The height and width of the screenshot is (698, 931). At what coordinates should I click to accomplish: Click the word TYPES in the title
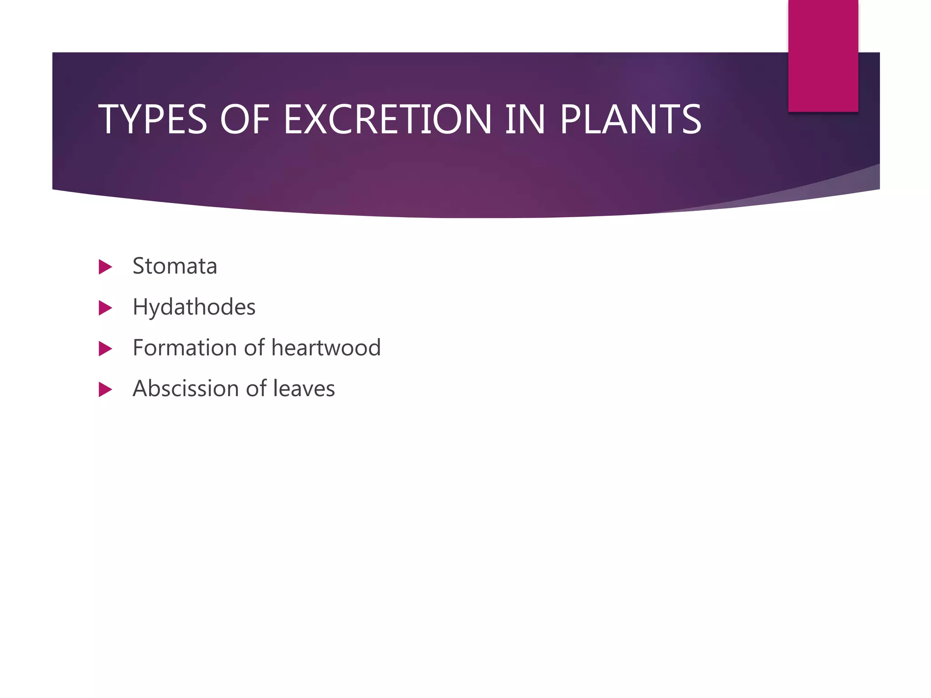[153, 120]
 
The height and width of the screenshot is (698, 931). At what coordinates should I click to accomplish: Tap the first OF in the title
[245, 120]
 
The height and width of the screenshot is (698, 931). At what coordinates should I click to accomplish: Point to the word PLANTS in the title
[631, 120]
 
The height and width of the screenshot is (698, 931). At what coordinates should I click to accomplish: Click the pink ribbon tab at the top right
[823, 55]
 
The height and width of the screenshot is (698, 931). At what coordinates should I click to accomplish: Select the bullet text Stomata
[175, 266]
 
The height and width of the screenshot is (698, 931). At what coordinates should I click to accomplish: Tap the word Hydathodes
[194, 307]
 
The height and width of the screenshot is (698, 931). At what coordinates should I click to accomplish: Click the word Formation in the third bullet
[185, 348]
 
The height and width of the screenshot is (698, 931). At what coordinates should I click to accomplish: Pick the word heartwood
[326, 348]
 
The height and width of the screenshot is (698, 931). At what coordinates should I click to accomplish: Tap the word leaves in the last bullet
[304, 389]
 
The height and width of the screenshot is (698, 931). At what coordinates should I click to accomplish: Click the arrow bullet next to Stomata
[105, 267]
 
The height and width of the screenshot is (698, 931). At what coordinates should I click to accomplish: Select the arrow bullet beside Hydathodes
[105, 308]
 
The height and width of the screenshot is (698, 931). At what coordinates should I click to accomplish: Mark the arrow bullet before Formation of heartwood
[105, 349]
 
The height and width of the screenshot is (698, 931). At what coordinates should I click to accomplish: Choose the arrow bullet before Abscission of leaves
[105, 389]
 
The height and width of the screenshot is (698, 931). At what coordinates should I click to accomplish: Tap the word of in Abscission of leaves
[256, 389]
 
